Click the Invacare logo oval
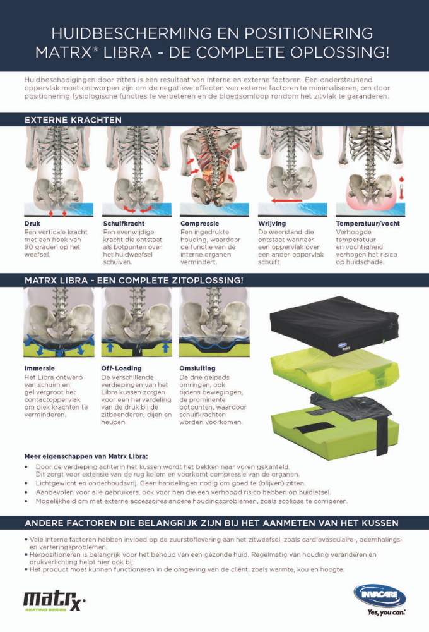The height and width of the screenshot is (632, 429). [380, 595]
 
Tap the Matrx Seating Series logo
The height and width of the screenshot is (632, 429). [54, 601]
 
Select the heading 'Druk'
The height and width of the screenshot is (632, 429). [32, 224]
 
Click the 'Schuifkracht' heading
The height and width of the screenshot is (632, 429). [124, 224]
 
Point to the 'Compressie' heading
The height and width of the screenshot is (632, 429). [199, 224]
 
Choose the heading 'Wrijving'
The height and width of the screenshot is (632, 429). [272, 224]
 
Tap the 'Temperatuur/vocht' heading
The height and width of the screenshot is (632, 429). [368, 224]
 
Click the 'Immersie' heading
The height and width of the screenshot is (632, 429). [40, 368]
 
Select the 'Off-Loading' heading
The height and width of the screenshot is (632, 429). [121, 368]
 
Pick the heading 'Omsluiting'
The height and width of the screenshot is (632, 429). [197, 368]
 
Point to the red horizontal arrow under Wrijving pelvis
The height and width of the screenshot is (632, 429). [286, 200]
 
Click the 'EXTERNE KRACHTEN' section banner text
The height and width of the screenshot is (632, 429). [73, 120]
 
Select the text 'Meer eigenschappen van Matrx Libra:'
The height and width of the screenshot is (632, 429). [86, 457]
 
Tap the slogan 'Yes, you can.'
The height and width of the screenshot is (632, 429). [386, 612]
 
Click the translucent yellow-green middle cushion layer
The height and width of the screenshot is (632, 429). [334, 374]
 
